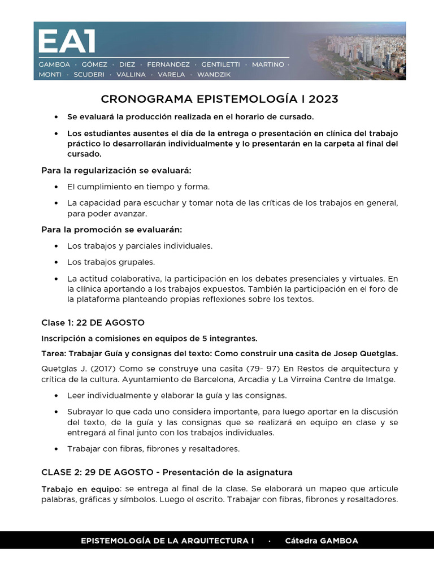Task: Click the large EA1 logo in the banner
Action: coord(67,42)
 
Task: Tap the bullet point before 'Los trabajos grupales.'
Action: coord(56,262)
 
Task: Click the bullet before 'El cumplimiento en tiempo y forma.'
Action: coord(56,187)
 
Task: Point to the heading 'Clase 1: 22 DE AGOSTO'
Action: coord(93,322)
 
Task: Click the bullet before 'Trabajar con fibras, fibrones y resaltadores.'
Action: coord(56,449)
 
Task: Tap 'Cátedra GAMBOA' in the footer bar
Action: coord(322,541)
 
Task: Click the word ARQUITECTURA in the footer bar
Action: coord(214,541)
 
